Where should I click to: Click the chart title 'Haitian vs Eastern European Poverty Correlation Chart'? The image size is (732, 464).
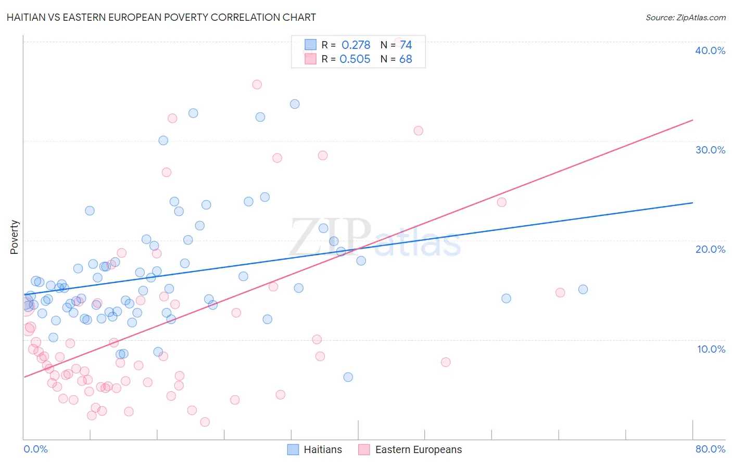coord(161,17)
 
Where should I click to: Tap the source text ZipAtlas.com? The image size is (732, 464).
coord(685,17)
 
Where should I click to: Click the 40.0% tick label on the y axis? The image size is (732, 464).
coord(710,50)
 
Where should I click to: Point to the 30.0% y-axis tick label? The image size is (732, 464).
coord(710,150)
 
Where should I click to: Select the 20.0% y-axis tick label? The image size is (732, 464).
coord(710,249)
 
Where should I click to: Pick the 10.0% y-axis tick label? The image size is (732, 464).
coord(711,349)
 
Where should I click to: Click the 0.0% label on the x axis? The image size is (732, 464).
coord(35,449)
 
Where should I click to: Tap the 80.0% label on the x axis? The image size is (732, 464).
coord(710,449)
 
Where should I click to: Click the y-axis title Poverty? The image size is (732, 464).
coord(14,237)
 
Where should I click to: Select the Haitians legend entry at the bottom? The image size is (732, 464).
coord(315,449)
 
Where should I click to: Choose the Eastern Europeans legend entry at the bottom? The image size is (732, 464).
coord(410,449)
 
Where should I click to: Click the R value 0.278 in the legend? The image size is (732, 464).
coord(356,45)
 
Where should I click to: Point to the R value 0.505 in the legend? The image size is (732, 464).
coord(355,59)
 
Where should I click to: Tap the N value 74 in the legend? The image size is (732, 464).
coord(406,45)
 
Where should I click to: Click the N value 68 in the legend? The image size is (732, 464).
coord(406,59)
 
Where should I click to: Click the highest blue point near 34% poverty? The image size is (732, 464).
coord(295,104)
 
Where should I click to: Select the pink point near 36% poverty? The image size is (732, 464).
coord(257,84)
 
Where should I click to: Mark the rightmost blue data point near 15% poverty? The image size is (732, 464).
coord(583,289)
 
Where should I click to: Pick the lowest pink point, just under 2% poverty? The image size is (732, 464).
coord(205,422)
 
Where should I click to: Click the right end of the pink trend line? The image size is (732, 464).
coord(692,120)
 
